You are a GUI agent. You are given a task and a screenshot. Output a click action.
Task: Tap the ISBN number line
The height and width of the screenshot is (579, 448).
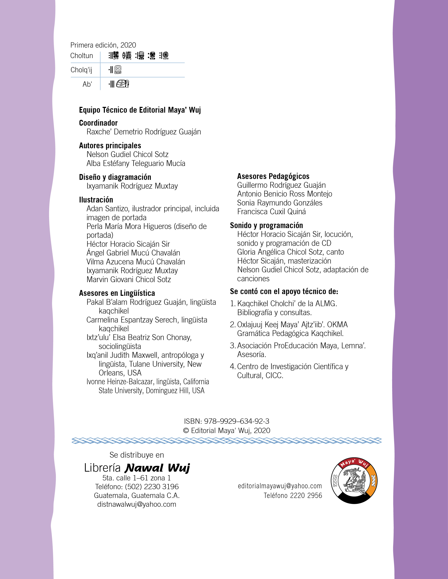point(226,421)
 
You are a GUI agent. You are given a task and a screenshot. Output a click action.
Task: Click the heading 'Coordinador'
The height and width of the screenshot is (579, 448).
point(98,123)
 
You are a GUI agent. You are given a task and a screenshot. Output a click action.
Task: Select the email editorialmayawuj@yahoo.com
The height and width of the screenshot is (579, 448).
point(280,486)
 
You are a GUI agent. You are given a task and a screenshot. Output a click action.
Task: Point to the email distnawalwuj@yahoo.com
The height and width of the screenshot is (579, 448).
point(137,504)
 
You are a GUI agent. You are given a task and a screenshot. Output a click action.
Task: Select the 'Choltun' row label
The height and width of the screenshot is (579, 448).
point(82,56)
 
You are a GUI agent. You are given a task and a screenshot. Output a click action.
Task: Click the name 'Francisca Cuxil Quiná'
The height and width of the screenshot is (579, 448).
point(271,212)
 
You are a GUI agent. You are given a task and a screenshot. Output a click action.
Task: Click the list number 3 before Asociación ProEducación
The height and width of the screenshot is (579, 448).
point(232,346)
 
